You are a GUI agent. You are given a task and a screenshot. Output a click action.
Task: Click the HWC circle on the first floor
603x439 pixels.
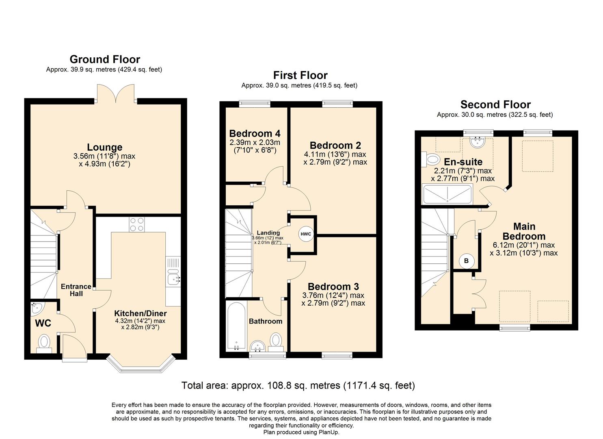305,234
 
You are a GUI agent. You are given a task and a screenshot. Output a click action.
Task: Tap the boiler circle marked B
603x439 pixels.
466,261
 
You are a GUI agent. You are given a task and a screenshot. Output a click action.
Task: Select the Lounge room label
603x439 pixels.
104,147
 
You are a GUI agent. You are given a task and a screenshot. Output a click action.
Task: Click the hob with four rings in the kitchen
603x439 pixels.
136,224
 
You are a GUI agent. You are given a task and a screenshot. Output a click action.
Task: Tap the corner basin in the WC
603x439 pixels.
37,309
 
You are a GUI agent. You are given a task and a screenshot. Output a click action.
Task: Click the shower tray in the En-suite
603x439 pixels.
447,194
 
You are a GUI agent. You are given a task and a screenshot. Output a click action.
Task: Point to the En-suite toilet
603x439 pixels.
431,159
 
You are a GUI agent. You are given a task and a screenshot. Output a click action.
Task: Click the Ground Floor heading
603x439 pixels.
105,59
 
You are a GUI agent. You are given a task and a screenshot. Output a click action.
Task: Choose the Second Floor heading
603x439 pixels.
495,104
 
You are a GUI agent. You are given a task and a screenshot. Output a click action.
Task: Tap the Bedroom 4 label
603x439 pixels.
255,133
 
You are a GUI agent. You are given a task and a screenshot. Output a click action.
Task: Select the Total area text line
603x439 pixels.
298,385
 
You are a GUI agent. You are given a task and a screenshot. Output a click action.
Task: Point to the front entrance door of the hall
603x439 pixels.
74,350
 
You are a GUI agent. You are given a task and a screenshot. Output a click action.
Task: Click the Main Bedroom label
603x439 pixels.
524,231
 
